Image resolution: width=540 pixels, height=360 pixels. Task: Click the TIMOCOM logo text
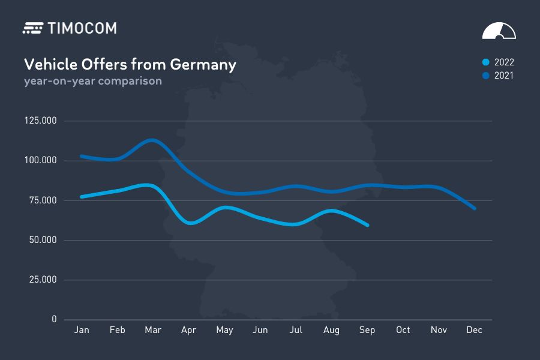[x=81, y=28]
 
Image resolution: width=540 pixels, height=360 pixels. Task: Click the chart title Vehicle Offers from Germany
[x=130, y=64]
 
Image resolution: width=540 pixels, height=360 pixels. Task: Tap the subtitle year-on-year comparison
[x=93, y=80]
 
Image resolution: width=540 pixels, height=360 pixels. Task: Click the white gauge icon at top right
[x=499, y=31]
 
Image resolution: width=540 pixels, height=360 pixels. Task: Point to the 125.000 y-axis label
[x=40, y=121]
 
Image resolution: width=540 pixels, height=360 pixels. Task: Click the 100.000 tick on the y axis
[x=40, y=160]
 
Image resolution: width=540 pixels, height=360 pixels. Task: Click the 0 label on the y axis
[x=54, y=319]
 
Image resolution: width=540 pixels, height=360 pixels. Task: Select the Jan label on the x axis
[x=82, y=330]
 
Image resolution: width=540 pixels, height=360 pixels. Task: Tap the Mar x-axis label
[x=153, y=330]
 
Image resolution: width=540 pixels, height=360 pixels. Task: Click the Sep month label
[x=367, y=330]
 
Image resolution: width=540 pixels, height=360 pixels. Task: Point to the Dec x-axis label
[x=475, y=330]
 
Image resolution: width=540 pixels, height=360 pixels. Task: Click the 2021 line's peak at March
[x=152, y=140]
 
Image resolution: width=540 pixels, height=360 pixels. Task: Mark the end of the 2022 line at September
[x=367, y=225]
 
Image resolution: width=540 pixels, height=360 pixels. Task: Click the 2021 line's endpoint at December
[x=475, y=208]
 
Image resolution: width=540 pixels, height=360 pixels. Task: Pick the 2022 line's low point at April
[x=190, y=223]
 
